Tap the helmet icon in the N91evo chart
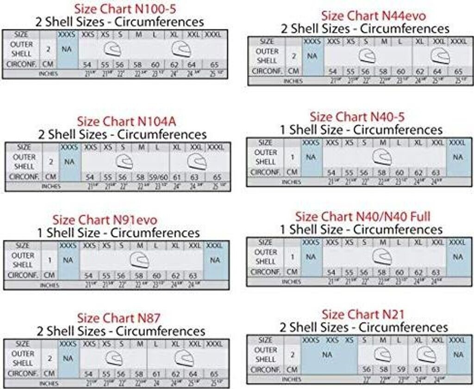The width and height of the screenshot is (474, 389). pos(140,260)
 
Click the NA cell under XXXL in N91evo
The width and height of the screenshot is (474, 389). pos(215,260)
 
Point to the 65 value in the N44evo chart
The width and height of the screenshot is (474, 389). pos(458,72)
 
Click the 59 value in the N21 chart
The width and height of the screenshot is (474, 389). pos(401,370)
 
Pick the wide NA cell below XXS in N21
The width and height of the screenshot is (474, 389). pos(327,354)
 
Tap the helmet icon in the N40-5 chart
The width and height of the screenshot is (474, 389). pos(382,158)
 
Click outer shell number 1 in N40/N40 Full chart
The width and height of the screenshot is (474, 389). pos(292,257)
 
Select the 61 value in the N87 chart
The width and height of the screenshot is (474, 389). pos(156,374)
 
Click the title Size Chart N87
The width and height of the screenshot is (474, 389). pos(118,318)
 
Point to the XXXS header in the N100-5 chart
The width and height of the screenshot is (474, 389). pos(68,34)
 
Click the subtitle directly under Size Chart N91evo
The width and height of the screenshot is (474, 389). pos(118,232)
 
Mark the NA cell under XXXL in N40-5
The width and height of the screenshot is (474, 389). pos(458,157)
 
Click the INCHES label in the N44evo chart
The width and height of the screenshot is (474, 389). pos(293,81)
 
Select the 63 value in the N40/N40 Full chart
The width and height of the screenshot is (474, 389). pos(436,272)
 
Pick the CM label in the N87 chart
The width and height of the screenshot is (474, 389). pos(49,373)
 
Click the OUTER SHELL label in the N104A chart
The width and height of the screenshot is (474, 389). pos(24,162)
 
